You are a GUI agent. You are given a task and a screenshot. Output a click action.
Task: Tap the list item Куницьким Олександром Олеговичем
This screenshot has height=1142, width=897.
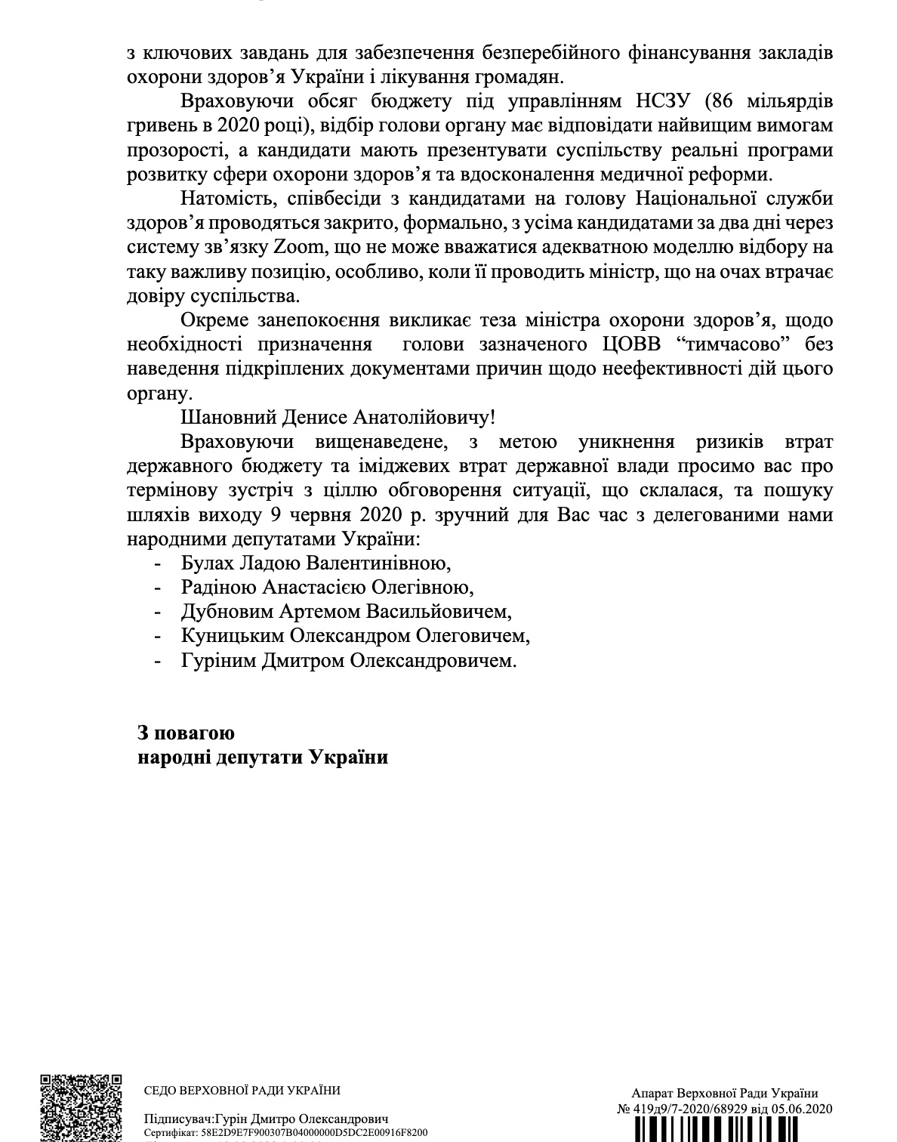(x=356, y=635)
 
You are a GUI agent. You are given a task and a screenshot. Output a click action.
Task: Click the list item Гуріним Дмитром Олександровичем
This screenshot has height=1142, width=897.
(x=350, y=660)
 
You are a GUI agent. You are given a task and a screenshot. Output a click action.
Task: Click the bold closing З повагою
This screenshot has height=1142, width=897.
(x=186, y=733)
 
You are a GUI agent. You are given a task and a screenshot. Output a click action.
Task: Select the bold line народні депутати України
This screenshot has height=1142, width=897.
(x=263, y=758)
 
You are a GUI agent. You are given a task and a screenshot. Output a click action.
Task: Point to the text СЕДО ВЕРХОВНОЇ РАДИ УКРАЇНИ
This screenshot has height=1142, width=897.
(x=242, y=1090)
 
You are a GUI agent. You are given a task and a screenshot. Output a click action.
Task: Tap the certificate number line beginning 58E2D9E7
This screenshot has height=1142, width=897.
(x=287, y=1133)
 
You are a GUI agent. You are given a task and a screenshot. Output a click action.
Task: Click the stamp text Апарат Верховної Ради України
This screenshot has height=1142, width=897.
(x=726, y=1093)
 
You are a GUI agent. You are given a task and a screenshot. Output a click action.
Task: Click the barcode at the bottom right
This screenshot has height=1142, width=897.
(x=725, y=1130)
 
